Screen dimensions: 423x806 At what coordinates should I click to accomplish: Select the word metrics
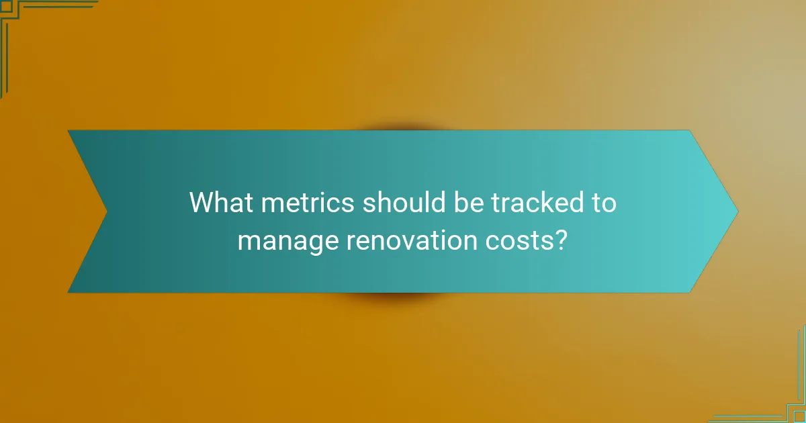[307, 203]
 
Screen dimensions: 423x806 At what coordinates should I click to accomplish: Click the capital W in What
[201, 203]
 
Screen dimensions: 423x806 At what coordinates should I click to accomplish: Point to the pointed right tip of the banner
[737, 211]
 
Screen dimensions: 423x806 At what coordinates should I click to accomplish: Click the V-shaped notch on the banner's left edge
[106, 211]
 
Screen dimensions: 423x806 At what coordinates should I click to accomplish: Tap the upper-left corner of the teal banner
[69, 131]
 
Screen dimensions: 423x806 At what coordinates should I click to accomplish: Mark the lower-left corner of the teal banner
[69, 291]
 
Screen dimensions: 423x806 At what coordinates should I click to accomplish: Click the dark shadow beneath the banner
[403, 297]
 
